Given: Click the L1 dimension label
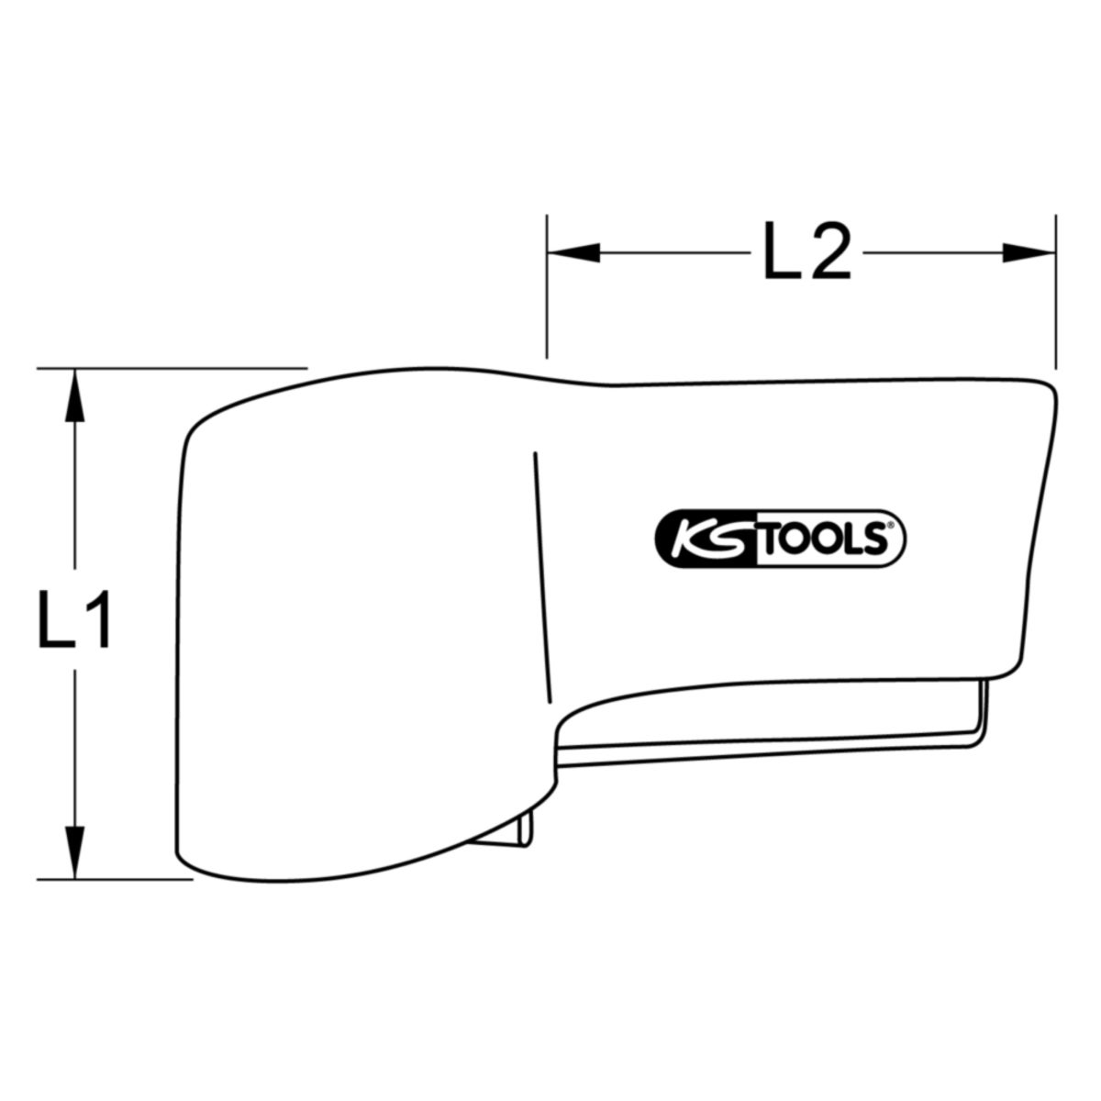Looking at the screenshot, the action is [73, 620].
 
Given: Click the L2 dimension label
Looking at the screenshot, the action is [806, 250].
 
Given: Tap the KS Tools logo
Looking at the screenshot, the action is [780, 539].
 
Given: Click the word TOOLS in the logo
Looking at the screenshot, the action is [821, 539].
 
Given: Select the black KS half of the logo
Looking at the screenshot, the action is [706, 539].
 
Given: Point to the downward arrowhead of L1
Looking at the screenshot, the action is [74, 851].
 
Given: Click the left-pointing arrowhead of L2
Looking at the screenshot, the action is [574, 252].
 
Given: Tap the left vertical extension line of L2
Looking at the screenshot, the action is [547, 287].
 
